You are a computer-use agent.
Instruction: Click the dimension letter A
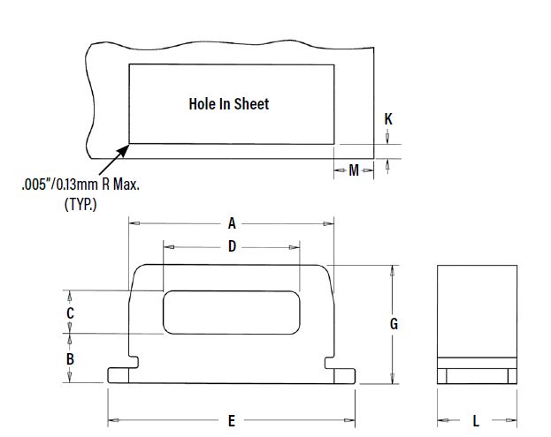[x=232, y=223]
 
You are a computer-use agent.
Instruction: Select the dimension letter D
[x=232, y=246]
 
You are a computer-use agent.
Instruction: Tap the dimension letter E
[x=231, y=421]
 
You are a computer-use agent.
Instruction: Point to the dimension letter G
[x=394, y=324]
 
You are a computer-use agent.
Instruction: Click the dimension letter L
[x=476, y=421]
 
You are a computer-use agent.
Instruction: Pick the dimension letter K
[x=388, y=119]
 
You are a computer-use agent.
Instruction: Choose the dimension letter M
[x=354, y=170]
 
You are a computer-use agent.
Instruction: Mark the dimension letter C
[x=70, y=313]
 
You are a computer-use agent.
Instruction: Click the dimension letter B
[x=70, y=359]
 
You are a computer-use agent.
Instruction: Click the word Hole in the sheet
[x=202, y=104]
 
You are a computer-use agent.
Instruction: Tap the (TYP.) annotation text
[x=80, y=204]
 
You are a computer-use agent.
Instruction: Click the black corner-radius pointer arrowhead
[x=123, y=151]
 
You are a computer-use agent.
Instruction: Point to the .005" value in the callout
[x=34, y=185]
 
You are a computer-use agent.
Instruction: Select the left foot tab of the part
[x=119, y=375]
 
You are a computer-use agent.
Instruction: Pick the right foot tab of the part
[x=344, y=375]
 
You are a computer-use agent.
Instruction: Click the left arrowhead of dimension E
[x=112, y=420]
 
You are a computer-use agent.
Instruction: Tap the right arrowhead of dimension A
[x=329, y=223]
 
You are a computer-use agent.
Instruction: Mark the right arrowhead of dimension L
[x=512, y=420]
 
